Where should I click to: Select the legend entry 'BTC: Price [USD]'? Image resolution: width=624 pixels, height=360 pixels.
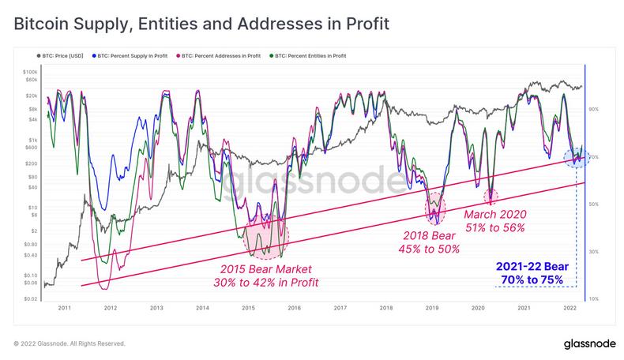(62, 56)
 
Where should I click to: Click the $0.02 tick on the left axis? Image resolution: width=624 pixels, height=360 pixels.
(29, 298)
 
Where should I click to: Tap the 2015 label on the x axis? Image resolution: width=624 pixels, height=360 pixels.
(248, 307)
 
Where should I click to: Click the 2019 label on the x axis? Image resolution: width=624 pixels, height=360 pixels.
(431, 307)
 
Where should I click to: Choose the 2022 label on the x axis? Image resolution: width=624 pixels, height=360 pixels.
(569, 307)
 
